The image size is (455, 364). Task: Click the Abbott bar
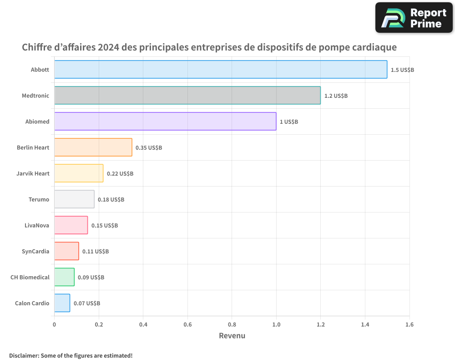point(221,70)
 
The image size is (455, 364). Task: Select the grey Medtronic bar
point(187,96)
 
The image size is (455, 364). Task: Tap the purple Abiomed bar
point(165,121)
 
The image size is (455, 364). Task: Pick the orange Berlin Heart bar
point(93,147)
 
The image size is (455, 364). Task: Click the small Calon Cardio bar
point(62,303)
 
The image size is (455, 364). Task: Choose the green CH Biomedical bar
point(64,277)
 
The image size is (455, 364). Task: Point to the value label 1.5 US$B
point(402,70)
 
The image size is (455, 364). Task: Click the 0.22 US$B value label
point(120,174)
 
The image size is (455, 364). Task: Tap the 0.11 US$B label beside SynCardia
point(96,252)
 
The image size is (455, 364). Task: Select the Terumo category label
point(39,200)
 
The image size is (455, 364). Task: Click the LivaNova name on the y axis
point(37,226)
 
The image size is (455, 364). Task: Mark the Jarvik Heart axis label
point(33,174)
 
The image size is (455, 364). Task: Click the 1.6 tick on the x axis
point(409,325)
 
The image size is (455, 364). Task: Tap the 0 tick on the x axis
point(55,325)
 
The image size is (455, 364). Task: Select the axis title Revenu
point(232,336)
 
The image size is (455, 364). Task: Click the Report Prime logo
point(414,18)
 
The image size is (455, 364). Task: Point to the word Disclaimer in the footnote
point(24,355)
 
